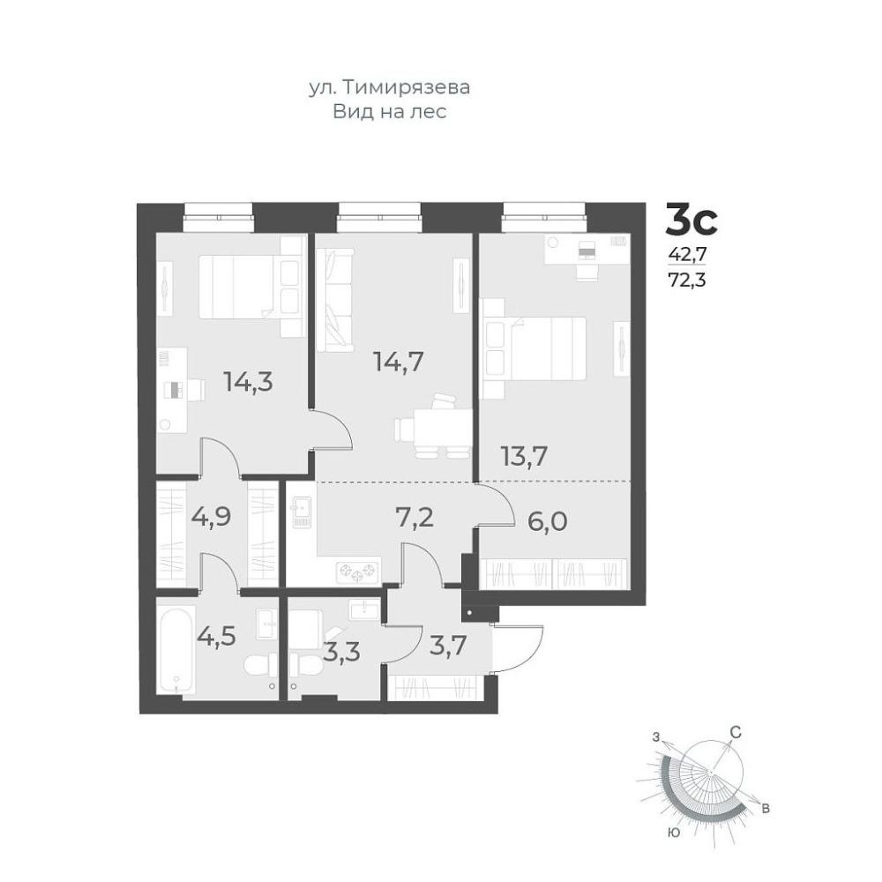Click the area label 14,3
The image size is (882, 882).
point(248,381)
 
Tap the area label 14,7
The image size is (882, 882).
point(399,361)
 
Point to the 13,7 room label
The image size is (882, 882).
point(524,456)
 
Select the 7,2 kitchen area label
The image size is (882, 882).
point(414,517)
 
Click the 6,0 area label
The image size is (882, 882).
point(548,521)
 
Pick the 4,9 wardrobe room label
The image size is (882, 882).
point(212,516)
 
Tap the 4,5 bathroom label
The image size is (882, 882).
point(216,637)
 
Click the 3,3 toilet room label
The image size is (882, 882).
point(341,653)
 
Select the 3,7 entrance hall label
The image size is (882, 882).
point(448,645)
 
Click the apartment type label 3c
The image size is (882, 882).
point(691,220)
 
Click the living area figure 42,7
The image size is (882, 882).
point(687,254)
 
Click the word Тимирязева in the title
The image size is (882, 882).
point(405,87)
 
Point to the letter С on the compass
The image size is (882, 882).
point(736,732)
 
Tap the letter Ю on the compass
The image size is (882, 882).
point(673,833)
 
